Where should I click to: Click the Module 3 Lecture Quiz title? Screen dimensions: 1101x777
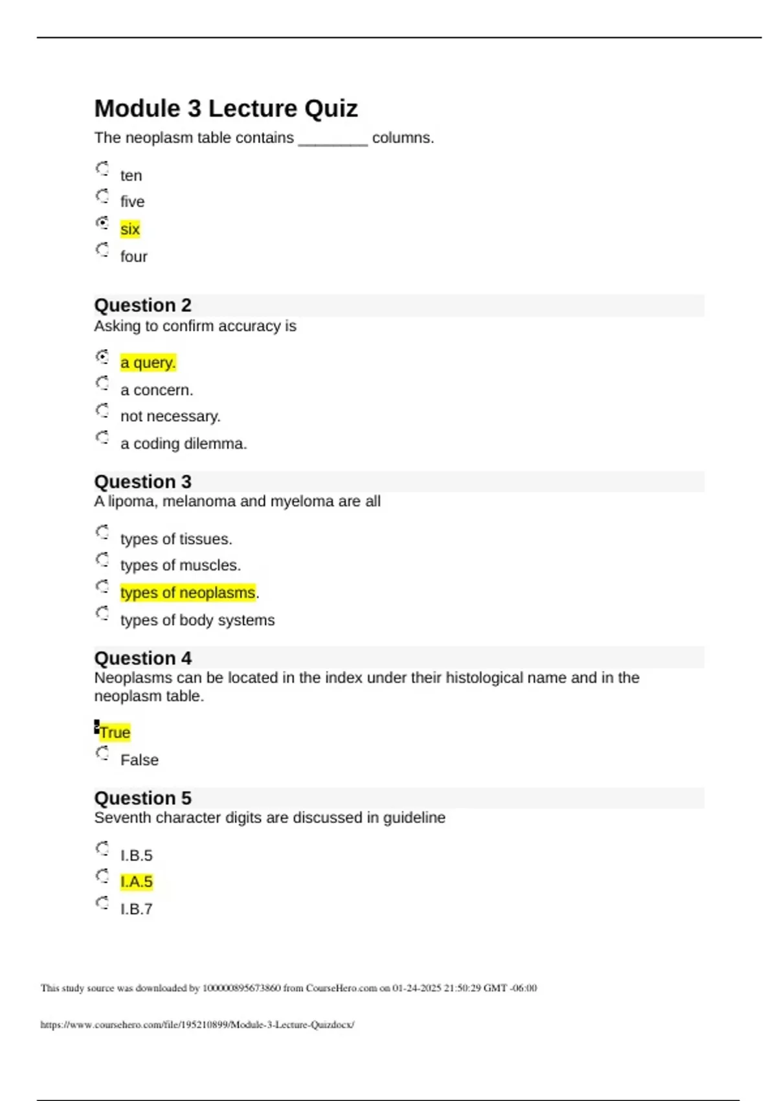click(x=225, y=109)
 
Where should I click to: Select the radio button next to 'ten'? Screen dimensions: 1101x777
click(x=102, y=169)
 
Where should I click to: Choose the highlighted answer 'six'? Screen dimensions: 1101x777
click(x=129, y=229)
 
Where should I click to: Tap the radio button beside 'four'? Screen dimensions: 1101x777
click(x=102, y=250)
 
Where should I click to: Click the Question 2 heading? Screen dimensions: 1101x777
click(x=142, y=305)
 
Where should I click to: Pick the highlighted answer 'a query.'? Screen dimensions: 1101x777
click(x=148, y=363)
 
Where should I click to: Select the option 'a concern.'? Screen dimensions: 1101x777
click(x=156, y=390)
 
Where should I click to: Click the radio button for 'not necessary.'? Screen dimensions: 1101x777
click(x=102, y=411)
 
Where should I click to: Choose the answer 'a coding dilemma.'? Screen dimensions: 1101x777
click(x=183, y=444)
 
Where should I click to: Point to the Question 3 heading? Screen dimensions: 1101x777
click(x=142, y=482)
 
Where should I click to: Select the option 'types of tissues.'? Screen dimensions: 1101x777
click(x=176, y=539)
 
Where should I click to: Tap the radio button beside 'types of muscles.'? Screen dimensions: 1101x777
click(x=102, y=560)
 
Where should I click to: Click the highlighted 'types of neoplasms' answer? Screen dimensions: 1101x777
click(x=188, y=593)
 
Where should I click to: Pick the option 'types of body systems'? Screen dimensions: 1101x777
click(x=197, y=620)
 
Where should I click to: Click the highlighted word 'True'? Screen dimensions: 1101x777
click(x=115, y=732)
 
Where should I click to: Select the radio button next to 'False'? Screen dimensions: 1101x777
click(x=102, y=753)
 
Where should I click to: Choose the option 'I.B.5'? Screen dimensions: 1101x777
click(x=136, y=856)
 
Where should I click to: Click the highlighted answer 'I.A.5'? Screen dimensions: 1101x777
click(x=136, y=882)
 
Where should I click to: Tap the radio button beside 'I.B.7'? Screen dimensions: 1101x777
click(x=102, y=903)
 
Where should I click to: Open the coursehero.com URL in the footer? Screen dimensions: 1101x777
click(x=197, y=1025)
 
